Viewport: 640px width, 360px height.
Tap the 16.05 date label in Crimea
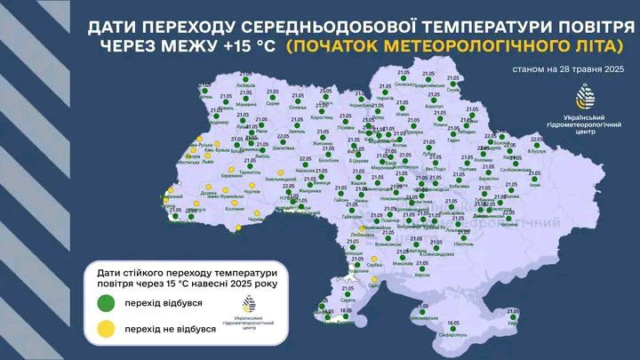click(x=453, y=323)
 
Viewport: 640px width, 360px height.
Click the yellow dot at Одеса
click(x=372, y=277)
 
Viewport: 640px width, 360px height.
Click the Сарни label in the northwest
click(x=273, y=103)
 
